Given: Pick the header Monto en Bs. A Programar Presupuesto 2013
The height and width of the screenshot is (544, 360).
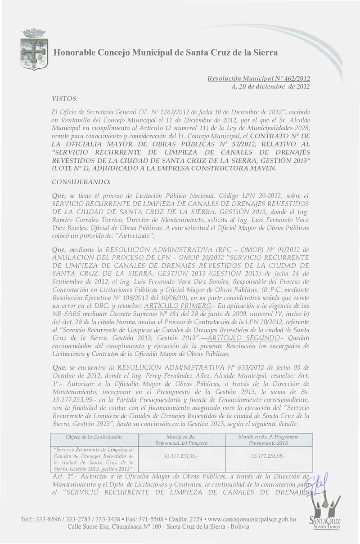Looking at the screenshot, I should tap(268, 440).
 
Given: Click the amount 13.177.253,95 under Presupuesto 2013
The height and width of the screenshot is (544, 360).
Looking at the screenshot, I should tap(268, 455).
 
